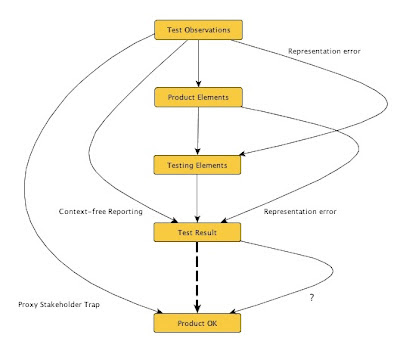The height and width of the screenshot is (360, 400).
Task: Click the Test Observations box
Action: point(198,30)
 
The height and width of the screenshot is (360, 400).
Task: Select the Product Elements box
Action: point(198,97)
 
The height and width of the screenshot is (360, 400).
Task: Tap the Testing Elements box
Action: point(198,164)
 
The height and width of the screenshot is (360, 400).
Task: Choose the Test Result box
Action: point(198,232)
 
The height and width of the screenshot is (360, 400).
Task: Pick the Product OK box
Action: point(198,323)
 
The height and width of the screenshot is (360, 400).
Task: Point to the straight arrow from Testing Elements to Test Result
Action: point(198,198)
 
